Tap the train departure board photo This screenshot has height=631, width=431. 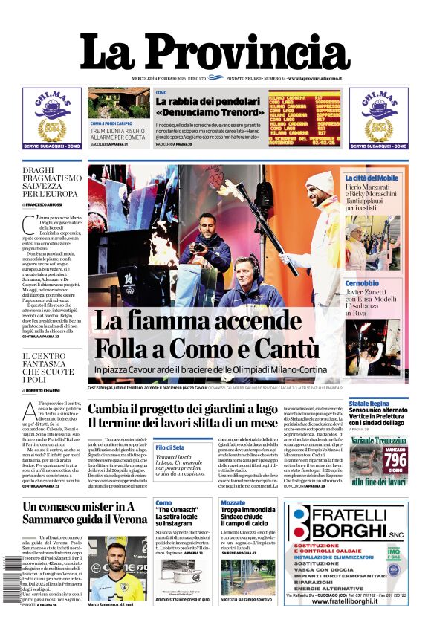click(x=304, y=119)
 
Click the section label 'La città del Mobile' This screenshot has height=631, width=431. click(x=372, y=178)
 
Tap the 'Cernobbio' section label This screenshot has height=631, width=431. click(x=362, y=283)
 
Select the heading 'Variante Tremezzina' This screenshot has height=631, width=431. click(x=377, y=441)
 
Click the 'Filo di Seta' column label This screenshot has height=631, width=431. click(x=169, y=447)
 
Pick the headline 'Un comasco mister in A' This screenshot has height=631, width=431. click(x=79, y=507)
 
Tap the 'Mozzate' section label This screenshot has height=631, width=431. click(x=233, y=503)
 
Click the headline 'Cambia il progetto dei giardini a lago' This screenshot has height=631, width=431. click(x=183, y=409)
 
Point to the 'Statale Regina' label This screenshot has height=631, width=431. click(x=369, y=404)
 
